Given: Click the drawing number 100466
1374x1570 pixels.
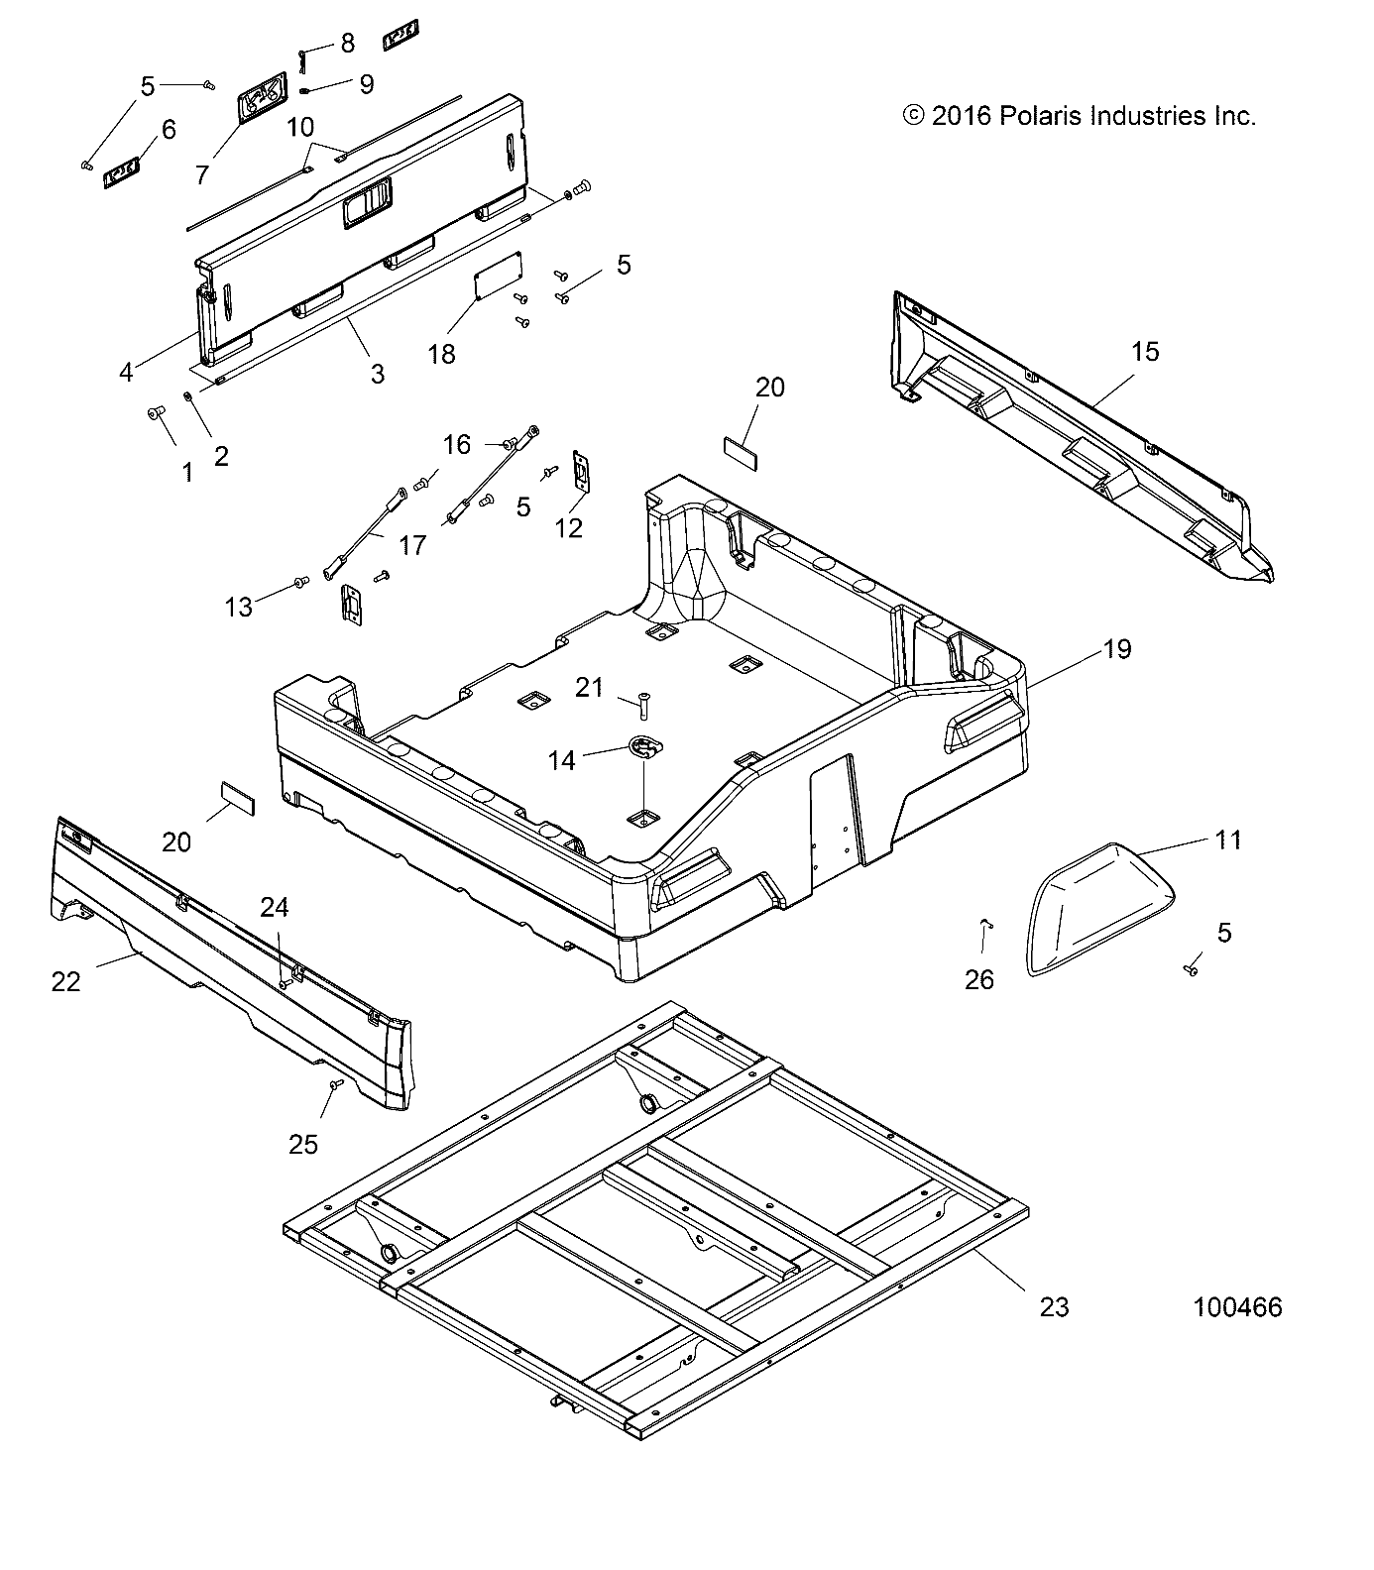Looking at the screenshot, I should [1237, 1307].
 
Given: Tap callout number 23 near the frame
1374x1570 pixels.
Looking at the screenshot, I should [1054, 1307].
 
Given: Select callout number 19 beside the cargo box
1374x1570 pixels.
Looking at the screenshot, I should [1116, 649].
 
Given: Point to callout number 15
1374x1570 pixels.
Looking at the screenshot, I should [1145, 351].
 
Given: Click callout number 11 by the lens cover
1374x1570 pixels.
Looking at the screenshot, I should [1227, 841].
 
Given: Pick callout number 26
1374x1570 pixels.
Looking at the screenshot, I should [979, 979].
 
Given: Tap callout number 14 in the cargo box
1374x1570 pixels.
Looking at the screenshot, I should [561, 760].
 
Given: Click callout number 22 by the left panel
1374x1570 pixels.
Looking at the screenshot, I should [65, 981].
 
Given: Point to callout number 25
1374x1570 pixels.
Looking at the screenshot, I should [303, 1144].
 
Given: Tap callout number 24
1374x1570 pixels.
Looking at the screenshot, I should [275, 907].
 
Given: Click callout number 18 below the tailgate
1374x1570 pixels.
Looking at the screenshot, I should [441, 354].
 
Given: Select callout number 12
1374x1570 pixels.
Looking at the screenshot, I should [568, 527].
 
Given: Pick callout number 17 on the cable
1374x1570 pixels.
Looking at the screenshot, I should [412, 544].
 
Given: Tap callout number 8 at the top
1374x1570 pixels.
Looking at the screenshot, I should [346, 44].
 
